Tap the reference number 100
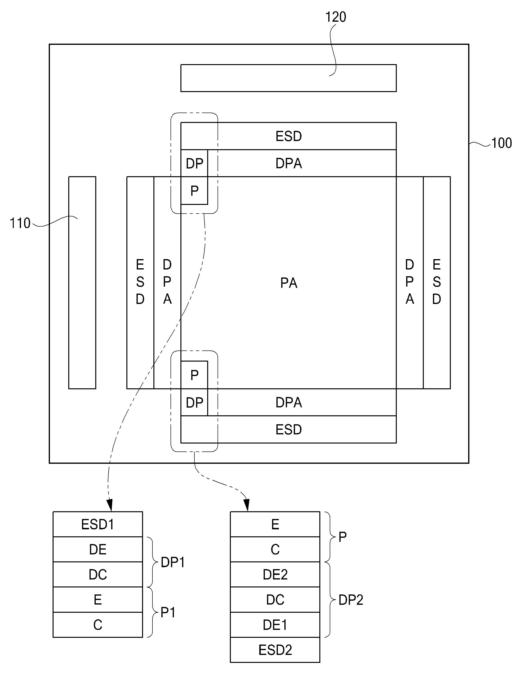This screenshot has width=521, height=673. pos(501,143)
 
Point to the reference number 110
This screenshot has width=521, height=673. pos(20,223)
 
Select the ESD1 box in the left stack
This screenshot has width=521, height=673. pos(98,524)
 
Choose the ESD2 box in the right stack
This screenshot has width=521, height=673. pos(275,650)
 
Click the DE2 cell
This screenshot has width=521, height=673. pos(275,574)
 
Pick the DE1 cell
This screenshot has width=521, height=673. pos(275,625)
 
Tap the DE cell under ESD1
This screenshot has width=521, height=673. pos(98,549)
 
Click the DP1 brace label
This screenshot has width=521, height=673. pos(173,562)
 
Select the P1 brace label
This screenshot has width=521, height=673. pos(168,612)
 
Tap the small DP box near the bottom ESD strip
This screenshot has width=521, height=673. pos(194,402)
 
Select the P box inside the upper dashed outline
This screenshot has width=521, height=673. pos(194,190)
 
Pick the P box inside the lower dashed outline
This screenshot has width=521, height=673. pos(194,375)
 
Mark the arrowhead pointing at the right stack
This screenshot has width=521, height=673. pos(246,505)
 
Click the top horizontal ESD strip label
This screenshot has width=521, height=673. pos(288,136)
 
